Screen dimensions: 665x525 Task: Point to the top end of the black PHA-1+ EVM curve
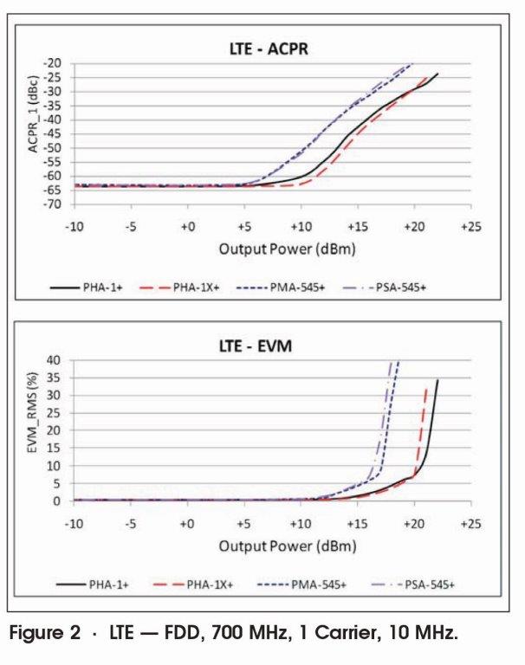[x=437, y=380]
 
